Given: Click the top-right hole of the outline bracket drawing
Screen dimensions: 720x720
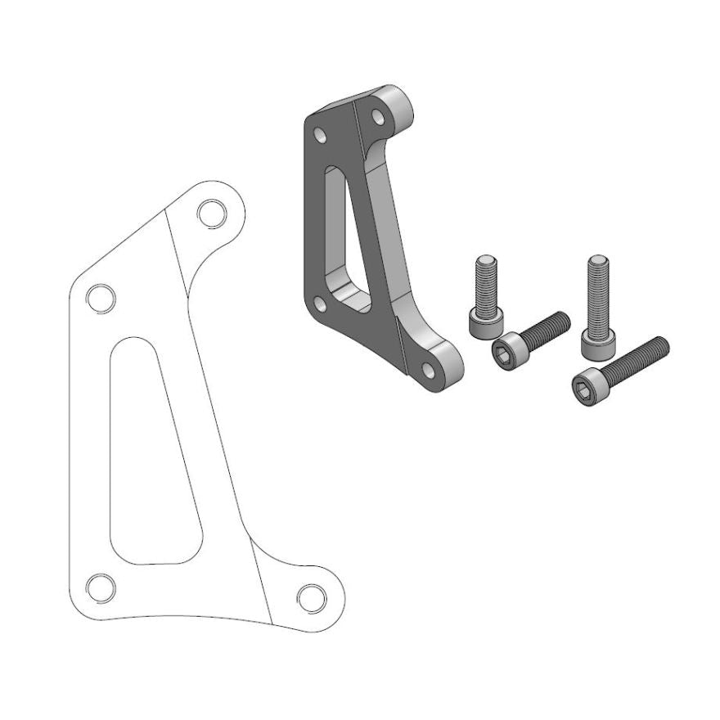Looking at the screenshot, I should coord(212,213).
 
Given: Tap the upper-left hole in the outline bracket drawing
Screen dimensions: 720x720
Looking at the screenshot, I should coord(100,298).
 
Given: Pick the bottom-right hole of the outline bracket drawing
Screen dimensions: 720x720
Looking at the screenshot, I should coord(312,596).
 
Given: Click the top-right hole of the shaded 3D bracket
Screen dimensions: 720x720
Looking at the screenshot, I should coord(378,117).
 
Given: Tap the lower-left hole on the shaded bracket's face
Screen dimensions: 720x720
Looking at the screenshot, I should coord(321,305).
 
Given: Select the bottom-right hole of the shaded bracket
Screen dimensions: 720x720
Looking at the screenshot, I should coord(428,371).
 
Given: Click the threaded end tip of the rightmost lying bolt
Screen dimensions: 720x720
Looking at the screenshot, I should coord(664,344).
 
